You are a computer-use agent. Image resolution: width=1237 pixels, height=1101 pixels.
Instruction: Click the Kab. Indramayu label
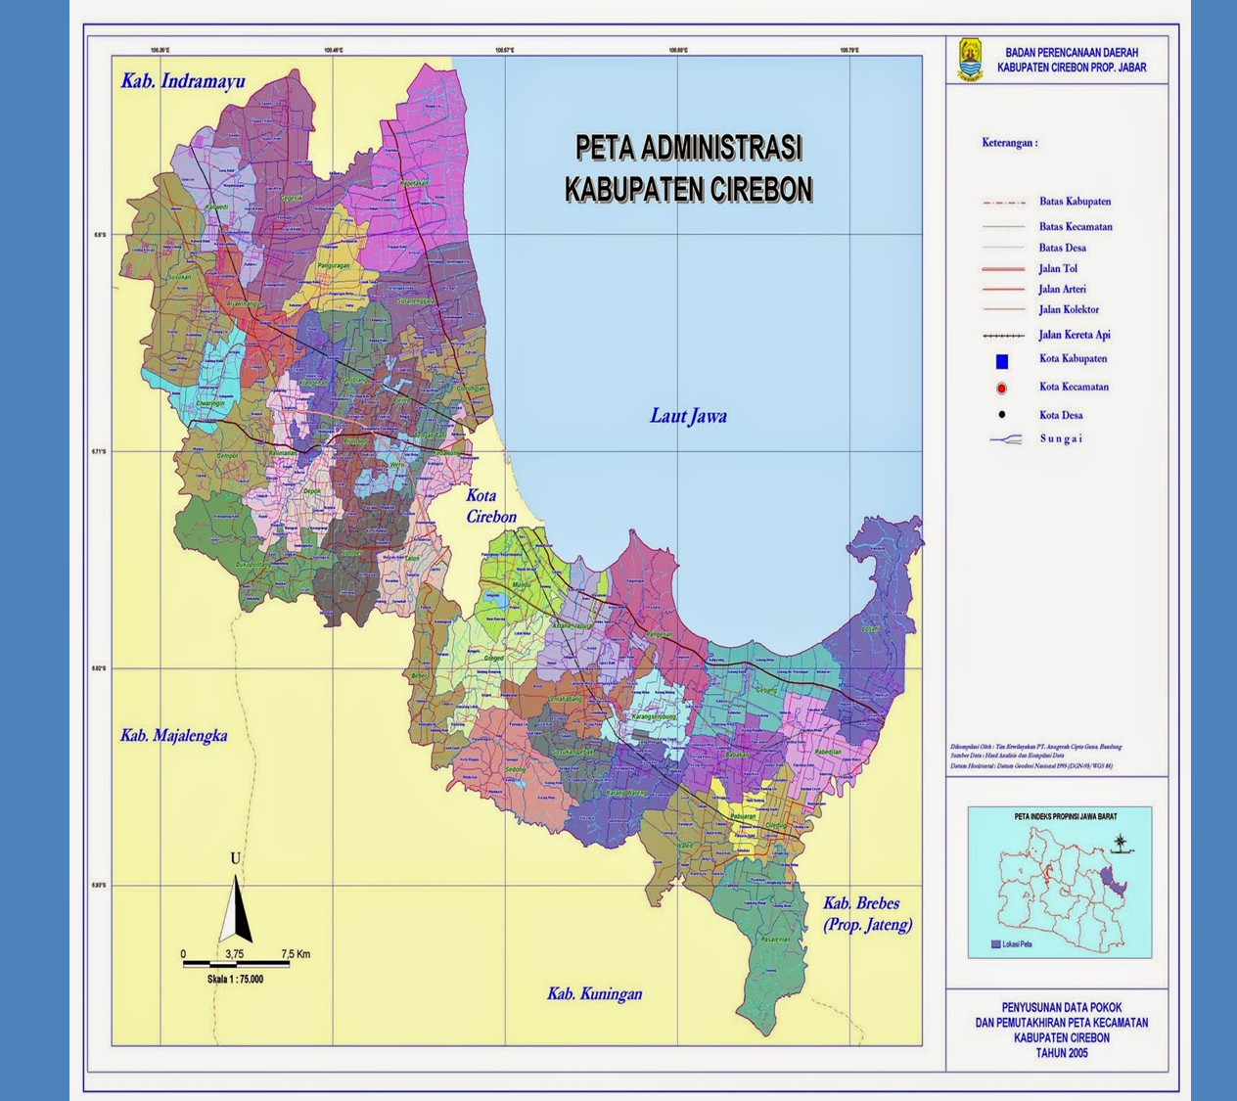(183, 81)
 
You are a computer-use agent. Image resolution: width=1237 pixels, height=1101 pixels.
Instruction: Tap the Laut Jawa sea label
(688, 416)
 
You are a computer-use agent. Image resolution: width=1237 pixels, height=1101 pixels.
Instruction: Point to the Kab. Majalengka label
(173, 735)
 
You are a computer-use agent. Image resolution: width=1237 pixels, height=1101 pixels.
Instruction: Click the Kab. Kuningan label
(594, 993)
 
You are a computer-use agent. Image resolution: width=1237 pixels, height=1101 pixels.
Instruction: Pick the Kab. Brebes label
(861, 903)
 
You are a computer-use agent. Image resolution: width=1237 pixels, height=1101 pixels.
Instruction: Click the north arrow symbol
(235, 908)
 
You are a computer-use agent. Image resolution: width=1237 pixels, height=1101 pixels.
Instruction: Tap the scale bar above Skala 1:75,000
(235, 965)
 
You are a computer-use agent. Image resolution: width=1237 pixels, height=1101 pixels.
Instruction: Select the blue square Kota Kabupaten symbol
(1001, 361)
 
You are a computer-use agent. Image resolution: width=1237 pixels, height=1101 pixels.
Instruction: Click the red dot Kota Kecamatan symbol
(1001, 389)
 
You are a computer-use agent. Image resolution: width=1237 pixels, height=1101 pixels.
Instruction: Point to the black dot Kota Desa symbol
(1001, 415)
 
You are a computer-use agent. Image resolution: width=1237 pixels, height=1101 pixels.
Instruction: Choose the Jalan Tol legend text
(1058, 268)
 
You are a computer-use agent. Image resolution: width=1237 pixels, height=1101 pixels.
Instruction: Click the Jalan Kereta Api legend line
(1003, 336)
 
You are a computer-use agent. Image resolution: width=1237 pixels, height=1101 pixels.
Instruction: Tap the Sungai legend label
(1061, 438)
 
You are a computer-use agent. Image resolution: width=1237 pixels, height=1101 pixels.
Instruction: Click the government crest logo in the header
(970, 60)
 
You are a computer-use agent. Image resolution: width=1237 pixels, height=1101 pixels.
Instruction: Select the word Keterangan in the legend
(1009, 143)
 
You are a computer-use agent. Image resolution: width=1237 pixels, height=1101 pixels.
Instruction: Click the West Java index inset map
(1060, 881)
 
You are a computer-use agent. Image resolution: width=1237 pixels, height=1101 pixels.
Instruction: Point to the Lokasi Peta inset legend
(1012, 944)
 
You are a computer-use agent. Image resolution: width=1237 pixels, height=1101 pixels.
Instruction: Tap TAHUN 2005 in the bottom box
(1061, 1053)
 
